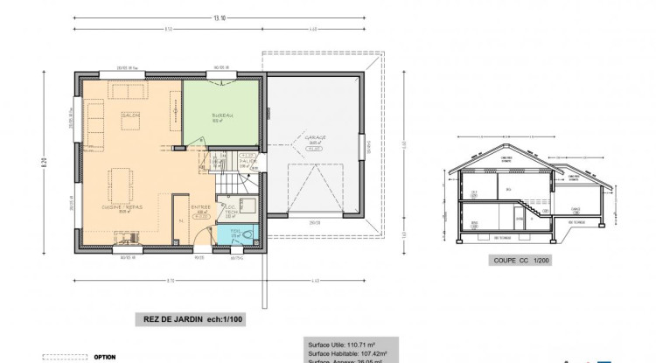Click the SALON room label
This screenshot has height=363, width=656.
click(132, 115)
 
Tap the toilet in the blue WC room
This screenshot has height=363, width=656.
click(248, 234)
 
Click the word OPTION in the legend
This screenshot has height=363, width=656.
click(105, 357)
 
